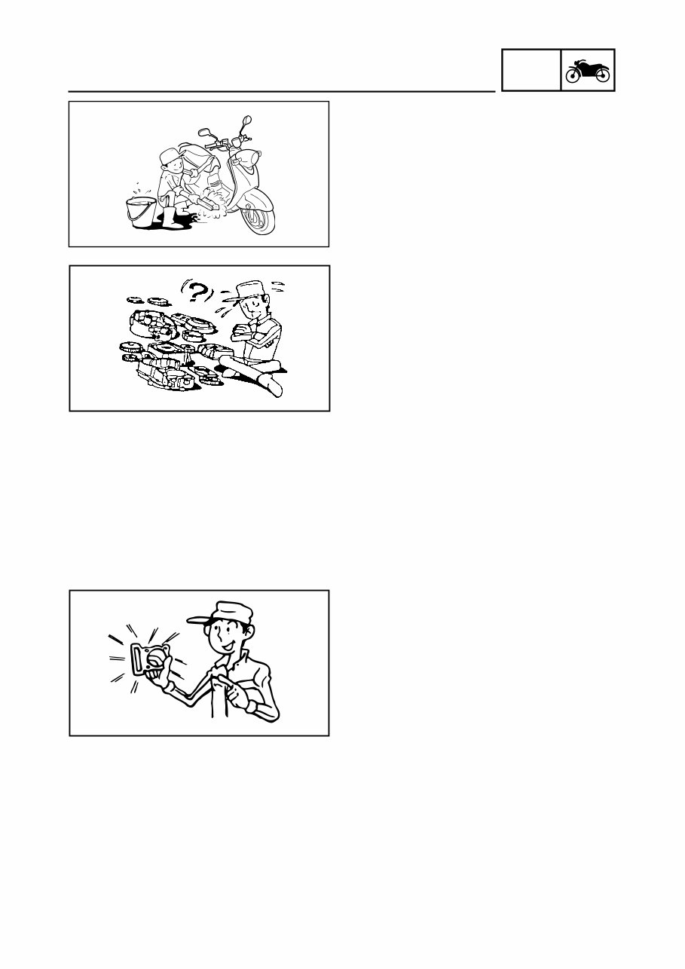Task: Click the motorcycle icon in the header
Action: click(588, 71)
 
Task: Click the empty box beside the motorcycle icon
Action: click(531, 71)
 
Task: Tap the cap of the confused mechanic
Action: click(251, 289)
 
